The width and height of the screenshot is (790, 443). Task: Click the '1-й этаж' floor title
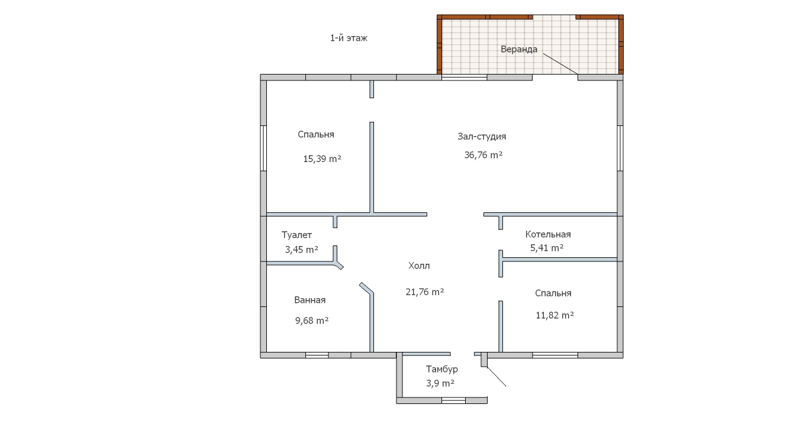tap(349, 38)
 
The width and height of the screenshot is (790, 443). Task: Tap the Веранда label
tap(519, 49)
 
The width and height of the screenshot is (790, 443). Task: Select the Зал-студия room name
tap(482, 137)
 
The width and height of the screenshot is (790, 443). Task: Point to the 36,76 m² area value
tap(483, 155)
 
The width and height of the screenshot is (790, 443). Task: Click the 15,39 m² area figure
tap(322, 159)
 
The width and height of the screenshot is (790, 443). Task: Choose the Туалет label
tap(296, 235)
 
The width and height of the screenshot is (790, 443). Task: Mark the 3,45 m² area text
tap(302, 250)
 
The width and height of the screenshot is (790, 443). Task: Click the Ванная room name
tap(309, 300)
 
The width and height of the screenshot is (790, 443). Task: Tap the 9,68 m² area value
tap(312, 321)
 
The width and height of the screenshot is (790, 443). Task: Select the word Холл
tap(419, 266)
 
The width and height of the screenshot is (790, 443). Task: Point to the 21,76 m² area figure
tap(425, 292)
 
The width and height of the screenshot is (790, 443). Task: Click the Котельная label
tap(548, 234)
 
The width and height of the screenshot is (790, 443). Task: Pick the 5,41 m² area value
tap(547, 248)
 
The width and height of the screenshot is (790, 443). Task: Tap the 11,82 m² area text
tap(554, 315)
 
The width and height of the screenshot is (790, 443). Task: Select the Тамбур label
tap(442, 369)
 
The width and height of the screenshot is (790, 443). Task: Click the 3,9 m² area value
tap(440, 383)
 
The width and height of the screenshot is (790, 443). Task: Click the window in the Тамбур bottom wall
tap(453, 400)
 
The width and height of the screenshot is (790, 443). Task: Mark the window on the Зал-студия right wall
tap(620, 148)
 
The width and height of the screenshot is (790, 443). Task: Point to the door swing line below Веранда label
tap(560, 64)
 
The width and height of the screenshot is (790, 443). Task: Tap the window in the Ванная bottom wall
tap(317, 355)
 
